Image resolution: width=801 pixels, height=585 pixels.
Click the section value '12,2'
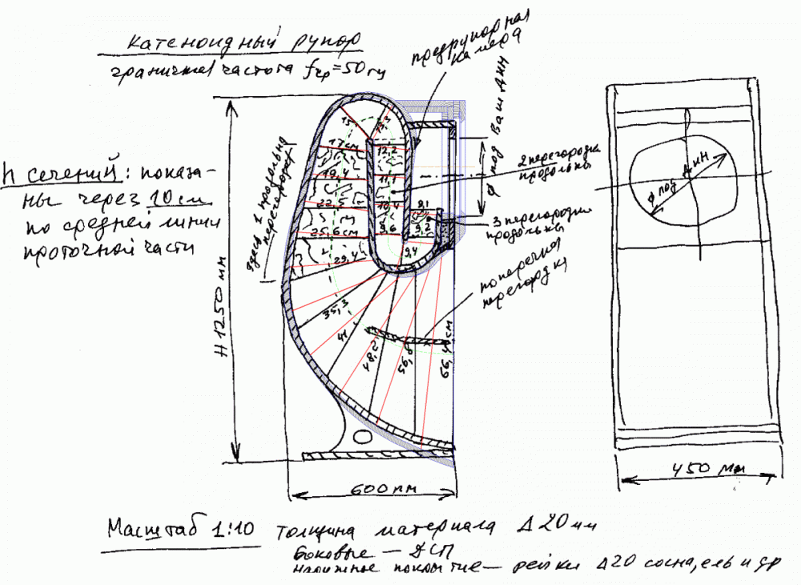(387, 150)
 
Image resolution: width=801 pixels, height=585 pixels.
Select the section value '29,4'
(344, 256)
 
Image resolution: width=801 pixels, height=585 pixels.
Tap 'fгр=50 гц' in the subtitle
(345, 71)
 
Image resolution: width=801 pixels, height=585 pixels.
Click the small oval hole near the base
(362, 439)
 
